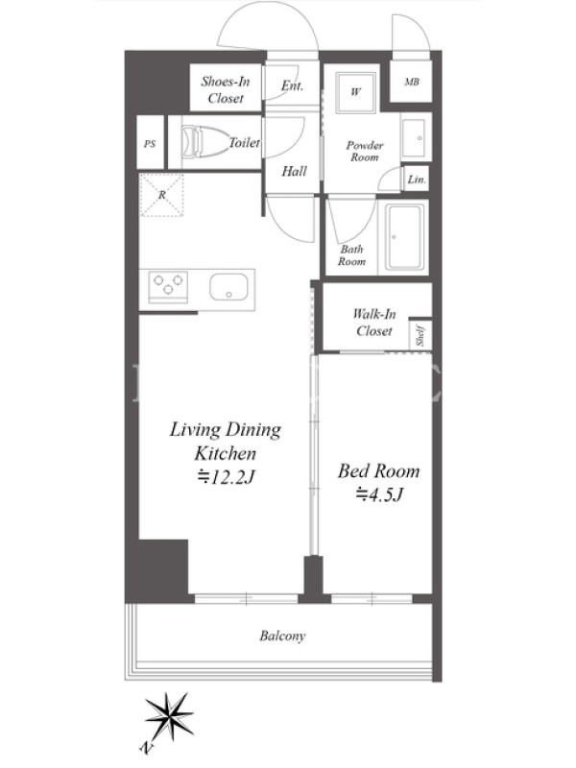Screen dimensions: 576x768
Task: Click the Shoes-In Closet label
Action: (226, 89)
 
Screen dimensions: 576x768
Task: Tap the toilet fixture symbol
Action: (205, 142)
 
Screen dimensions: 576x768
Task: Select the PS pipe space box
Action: (150, 142)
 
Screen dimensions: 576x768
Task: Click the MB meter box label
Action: (412, 82)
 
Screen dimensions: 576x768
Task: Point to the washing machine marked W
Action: (355, 92)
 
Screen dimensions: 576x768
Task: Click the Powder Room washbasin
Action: (416, 137)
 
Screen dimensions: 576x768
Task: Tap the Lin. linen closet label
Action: (417, 180)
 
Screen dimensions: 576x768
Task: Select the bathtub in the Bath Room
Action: (404, 237)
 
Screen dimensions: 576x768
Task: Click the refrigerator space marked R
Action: (162, 195)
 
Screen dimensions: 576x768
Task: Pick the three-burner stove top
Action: (168, 286)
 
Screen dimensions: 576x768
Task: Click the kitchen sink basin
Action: (228, 286)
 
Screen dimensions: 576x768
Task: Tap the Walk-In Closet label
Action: (374, 323)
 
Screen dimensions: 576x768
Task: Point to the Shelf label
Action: (420, 335)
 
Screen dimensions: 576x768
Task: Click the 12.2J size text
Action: (226, 476)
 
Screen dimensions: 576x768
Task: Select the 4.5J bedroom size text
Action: (378, 494)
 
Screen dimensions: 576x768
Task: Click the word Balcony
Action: (282, 636)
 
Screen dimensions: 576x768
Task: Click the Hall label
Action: (295, 171)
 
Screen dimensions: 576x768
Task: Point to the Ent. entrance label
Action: (293, 85)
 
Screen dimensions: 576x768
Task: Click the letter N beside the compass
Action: (145, 748)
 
